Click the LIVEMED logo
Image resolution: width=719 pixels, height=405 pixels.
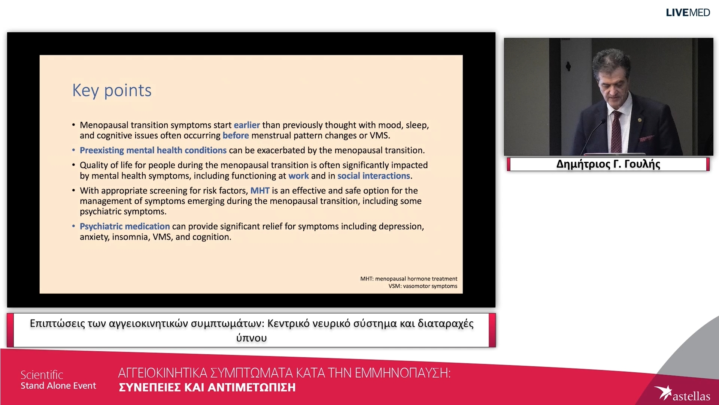(x=688, y=13)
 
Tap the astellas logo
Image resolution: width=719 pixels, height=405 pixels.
(x=682, y=394)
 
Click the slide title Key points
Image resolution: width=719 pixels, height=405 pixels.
(x=112, y=91)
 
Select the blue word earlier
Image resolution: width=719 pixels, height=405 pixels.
(x=247, y=125)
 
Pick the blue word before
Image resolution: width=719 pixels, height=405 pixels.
(x=236, y=135)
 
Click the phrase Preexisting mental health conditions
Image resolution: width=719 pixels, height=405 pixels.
(x=153, y=150)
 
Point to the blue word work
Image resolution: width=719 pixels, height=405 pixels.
(x=298, y=176)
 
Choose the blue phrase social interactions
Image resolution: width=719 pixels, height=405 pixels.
(x=374, y=176)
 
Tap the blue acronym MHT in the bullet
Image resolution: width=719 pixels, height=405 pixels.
(x=260, y=190)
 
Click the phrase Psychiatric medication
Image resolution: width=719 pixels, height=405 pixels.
(x=125, y=226)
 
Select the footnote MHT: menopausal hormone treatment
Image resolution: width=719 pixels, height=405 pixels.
(x=409, y=279)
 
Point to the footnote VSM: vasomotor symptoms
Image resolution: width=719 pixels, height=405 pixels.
(x=423, y=286)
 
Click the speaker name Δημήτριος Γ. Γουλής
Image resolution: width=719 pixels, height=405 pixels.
(x=608, y=164)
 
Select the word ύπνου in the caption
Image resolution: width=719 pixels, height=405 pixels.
(x=252, y=338)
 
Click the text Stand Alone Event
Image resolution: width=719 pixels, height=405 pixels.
(x=58, y=386)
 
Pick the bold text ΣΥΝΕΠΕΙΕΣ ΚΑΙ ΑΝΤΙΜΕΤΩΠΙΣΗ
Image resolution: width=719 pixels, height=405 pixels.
(x=207, y=387)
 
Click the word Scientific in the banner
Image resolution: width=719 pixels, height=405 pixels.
(x=42, y=375)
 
